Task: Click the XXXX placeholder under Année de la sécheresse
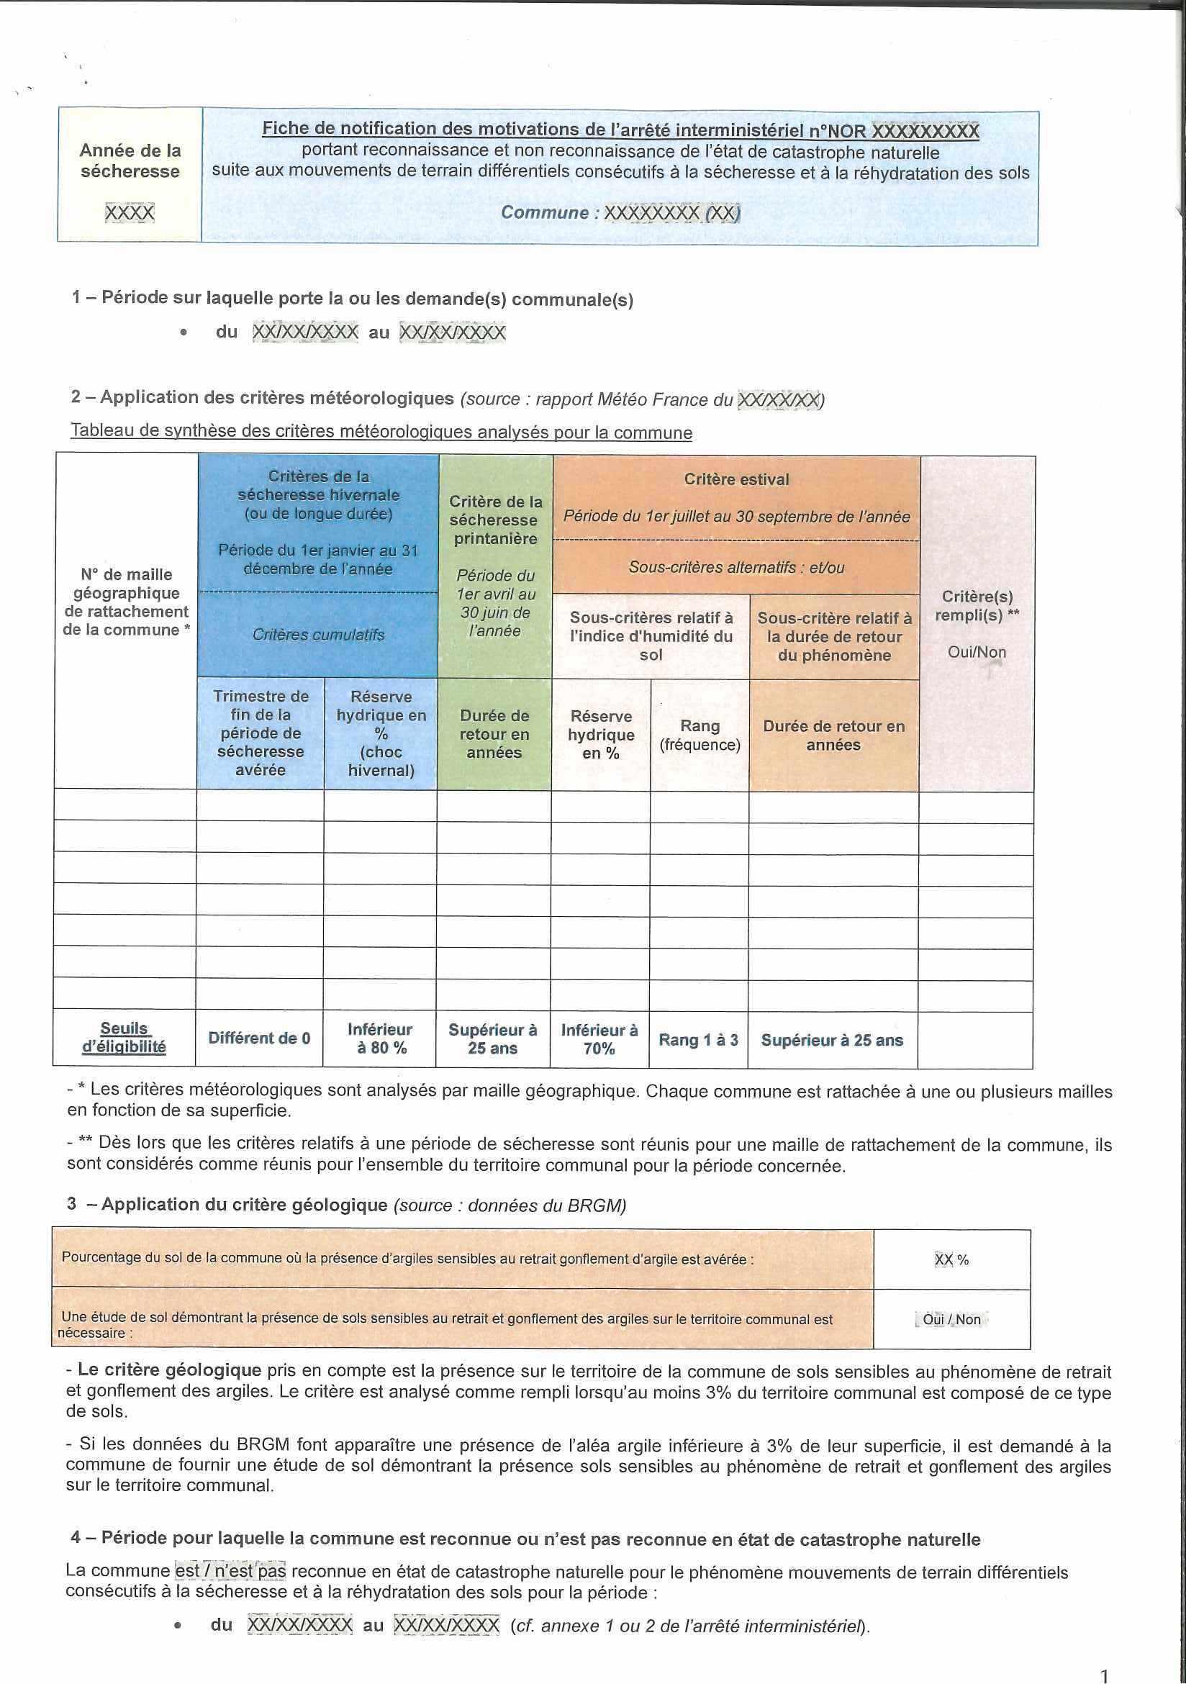[130, 213]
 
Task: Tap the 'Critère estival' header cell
[736, 480]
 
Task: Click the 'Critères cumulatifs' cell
[318, 635]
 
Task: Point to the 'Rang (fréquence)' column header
[700, 735]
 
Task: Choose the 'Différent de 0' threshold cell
[259, 1038]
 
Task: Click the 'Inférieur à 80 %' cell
[380, 1038]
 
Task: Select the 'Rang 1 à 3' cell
[698, 1039]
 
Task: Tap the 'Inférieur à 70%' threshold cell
[599, 1038]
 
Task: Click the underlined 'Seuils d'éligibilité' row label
[124, 1037]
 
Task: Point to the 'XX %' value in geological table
[951, 1259]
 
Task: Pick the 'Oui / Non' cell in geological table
[951, 1319]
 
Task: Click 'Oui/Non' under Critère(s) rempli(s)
[977, 652]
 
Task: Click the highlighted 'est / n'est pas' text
[230, 1572]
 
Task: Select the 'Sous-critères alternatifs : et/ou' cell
[736, 567]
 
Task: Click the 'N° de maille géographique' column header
[126, 602]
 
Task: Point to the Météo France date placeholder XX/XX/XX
[779, 399]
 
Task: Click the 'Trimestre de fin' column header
[261, 733]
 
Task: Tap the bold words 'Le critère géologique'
[169, 1370]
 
